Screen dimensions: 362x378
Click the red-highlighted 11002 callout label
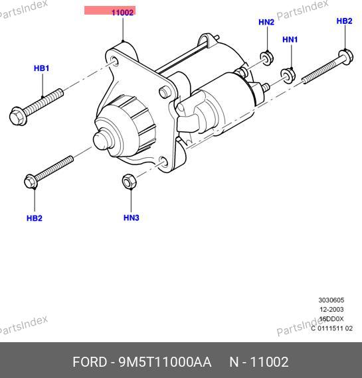(110, 11)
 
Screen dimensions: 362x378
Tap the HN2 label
(266, 22)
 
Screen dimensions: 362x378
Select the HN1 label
(290, 40)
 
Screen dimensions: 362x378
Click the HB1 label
(42, 68)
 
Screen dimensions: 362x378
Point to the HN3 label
(132, 218)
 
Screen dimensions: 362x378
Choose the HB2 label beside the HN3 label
(35, 218)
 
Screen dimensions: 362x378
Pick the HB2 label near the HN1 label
(344, 21)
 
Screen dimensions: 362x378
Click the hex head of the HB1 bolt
(18, 117)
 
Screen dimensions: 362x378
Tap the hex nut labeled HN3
(130, 181)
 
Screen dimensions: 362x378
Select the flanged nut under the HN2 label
(266, 58)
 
